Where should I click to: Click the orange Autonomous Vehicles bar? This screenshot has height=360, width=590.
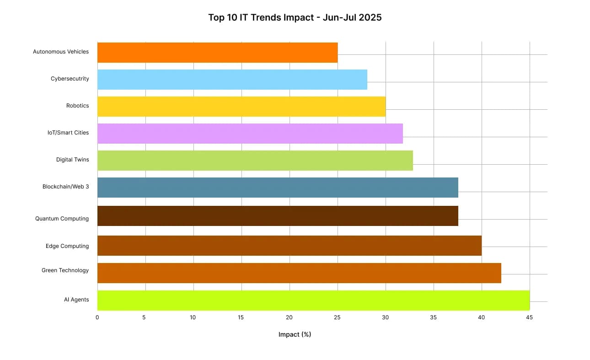click(217, 53)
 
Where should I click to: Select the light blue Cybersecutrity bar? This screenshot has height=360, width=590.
click(232, 80)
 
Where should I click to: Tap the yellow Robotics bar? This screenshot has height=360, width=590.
click(241, 107)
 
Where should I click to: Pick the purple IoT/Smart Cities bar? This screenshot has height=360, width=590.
click(250, 134)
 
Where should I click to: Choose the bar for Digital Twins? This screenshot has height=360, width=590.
click(255, 161)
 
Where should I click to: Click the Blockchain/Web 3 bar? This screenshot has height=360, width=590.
click(278, 188)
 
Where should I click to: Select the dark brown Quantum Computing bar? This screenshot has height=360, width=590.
click(278, 216)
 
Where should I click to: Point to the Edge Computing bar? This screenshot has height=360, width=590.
click(289, 246)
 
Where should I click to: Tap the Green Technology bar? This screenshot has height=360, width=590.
click(299, 273)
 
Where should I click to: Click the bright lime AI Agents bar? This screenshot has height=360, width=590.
click(313, 301)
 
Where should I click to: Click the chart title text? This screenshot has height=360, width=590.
click(295, 18)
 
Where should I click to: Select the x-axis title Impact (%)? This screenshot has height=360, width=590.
click(295, 334)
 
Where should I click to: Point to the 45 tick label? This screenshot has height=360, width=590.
click(529, 317)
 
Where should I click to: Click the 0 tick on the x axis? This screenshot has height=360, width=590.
click(97, 317)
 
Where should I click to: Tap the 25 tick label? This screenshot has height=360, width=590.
click(337, 317)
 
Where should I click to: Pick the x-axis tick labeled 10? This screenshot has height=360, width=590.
click(193, 317)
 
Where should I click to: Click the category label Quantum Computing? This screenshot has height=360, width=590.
click(62, 219)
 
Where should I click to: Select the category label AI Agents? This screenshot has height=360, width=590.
click(76, 300)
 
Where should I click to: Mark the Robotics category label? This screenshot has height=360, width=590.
click(77, 106)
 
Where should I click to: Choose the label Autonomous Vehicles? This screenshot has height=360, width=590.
click(61, 52)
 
